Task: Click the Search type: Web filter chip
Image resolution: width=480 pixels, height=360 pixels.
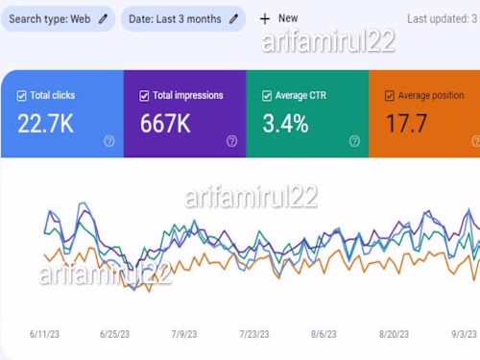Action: point(58,18)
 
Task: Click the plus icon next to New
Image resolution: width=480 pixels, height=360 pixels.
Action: point(265,18)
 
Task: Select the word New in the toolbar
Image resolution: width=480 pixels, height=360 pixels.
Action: point(288,18)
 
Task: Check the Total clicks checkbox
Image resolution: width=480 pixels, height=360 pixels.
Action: point(21,96)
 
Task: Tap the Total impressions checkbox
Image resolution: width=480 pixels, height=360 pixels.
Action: point(144,96)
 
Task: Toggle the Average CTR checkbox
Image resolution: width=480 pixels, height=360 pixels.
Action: point(267,96)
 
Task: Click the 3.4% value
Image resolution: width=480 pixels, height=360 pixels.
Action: point(285,123)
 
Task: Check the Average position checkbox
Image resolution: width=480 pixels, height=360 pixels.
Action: point(390,96)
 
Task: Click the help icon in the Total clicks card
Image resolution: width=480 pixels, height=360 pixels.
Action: point(109,141)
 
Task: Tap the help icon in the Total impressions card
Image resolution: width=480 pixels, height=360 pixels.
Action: point(231,141)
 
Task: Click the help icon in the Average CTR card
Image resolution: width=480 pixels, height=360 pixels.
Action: point(354,141)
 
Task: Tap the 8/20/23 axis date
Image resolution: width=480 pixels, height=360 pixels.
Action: point(394,334)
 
